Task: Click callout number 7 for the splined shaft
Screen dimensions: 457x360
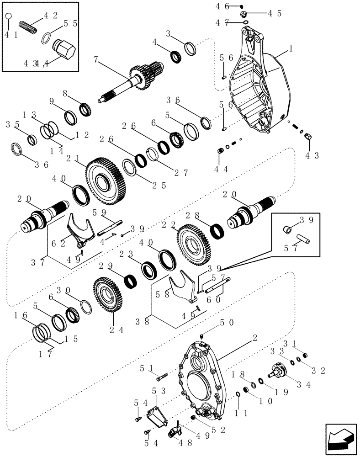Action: tap(95, 59)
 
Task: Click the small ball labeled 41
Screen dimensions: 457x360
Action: tap(8, 17)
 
